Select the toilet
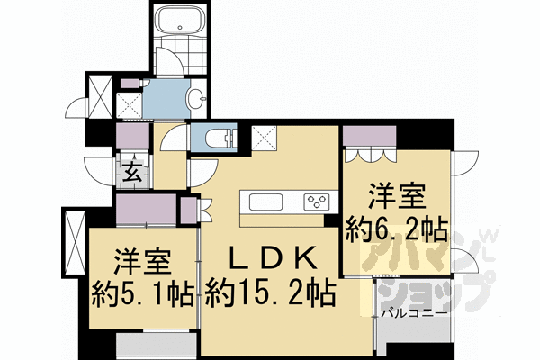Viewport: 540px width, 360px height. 217,138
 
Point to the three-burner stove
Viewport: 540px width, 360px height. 316,200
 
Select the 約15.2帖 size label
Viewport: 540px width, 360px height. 269,292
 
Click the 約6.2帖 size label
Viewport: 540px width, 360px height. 396,227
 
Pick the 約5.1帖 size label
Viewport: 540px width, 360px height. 141,292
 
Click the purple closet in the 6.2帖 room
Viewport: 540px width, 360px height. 369,136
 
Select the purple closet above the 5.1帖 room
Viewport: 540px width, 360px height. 146,209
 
